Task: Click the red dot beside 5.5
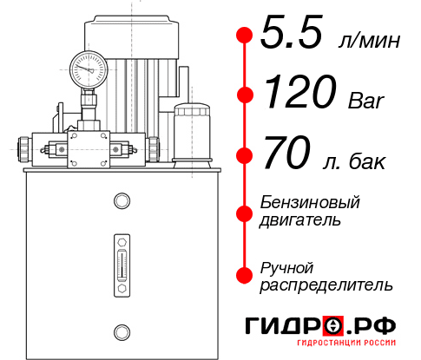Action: pos(244,36)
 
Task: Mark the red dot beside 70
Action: pos(244,157)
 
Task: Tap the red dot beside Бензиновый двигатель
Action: pos(244,213)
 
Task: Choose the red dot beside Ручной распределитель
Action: pos(244,275)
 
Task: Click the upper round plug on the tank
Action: pos(121,201)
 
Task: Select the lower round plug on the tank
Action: pos(121,330)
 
